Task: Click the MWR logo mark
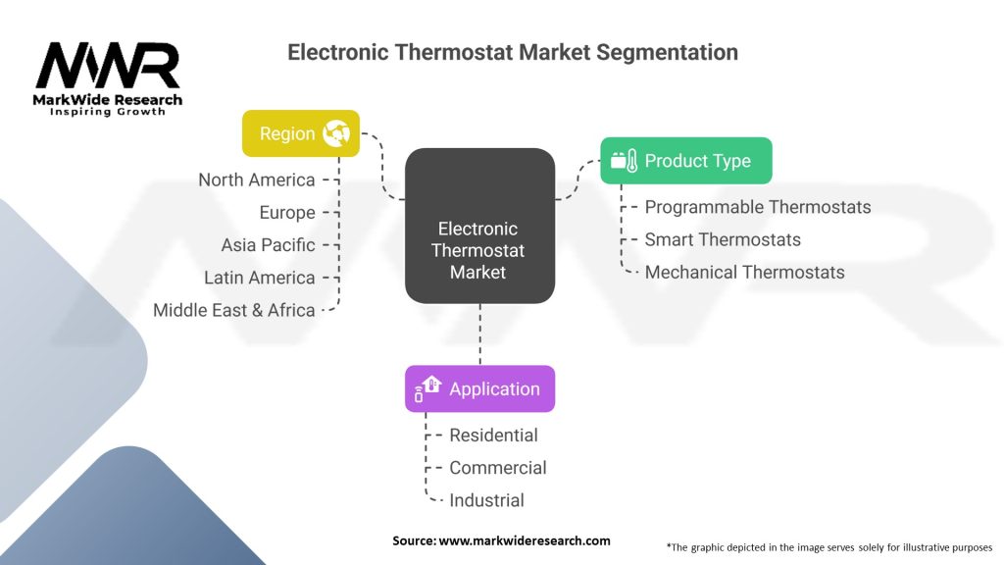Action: point(108,66)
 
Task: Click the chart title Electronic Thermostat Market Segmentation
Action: point(512,52)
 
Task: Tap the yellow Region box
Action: point(301,133)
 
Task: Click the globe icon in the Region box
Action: point(336,133)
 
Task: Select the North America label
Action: point(256,180)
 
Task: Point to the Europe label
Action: point(287,213)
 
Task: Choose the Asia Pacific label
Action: point(268,245)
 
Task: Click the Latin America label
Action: point(259,278)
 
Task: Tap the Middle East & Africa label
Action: point(233,311)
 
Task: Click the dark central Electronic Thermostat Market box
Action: point(479,226)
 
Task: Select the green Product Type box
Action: point(685,160)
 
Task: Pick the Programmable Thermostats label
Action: point(758,208)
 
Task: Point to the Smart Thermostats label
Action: point(723,240)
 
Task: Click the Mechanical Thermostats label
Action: point(744,273)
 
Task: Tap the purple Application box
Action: point(479,388)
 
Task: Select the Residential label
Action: point(493,436)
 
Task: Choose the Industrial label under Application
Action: point(486,501)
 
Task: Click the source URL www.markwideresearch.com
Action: point(525,540)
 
